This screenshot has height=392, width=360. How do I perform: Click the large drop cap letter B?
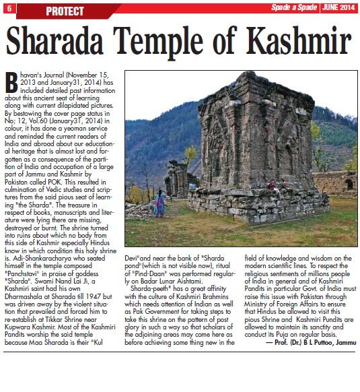point(13,83)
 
